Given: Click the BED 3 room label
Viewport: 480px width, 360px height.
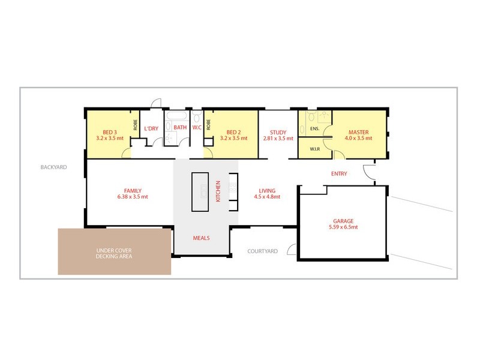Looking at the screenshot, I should click(109, 132).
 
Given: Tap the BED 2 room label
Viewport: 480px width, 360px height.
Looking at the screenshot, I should click(233, 132).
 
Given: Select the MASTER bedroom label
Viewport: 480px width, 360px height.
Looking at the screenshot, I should click(358, 132).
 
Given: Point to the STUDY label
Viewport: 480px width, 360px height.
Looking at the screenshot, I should click(278, 132).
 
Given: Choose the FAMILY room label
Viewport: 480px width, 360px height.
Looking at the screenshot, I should click(133, 190).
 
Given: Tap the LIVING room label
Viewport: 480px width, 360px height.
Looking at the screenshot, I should click(267, 190).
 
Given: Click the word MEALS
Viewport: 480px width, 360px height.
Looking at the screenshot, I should click(201, 238).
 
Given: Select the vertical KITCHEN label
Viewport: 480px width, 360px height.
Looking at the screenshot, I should click(218, 192).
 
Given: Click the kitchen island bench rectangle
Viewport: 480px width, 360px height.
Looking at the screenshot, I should click(200, 192).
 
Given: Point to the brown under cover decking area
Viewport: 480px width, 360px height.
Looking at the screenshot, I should click(114, 252).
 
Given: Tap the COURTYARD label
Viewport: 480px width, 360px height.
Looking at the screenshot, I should click(263, 251).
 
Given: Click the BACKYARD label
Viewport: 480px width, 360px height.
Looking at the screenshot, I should click(53, 167).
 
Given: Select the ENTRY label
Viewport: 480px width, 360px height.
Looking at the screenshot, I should click(339, 174).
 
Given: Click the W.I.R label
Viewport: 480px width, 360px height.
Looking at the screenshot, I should click(315, 149).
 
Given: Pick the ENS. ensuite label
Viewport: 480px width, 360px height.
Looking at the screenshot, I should click(314, 128).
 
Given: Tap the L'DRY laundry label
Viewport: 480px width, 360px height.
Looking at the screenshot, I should click(151, 127).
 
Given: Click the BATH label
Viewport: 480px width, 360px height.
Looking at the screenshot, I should click(180, 127).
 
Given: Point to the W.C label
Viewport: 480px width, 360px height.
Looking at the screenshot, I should click(197, 127).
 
